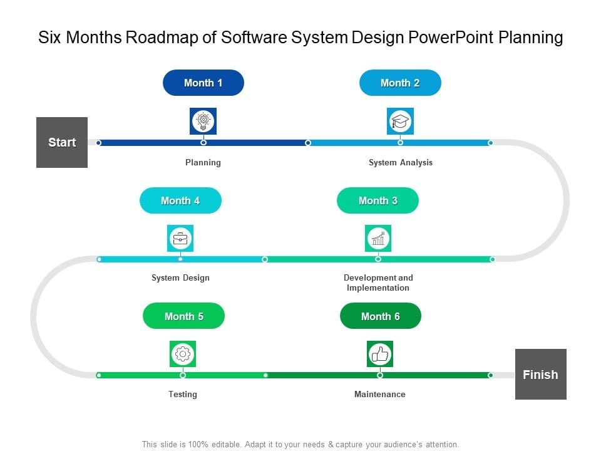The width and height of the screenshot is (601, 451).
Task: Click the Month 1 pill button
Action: (x=203, y=83)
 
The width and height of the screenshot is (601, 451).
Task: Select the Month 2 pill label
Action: (x=400, y=83)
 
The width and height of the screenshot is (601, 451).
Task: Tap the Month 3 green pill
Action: (x=378, y=200)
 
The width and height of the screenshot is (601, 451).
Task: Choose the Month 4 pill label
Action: (x=180, y=200)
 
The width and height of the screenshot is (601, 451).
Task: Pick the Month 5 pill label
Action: (x=183, y=316)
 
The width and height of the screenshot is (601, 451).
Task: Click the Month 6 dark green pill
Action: (x=380, y=316)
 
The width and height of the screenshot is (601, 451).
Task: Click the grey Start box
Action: (x=62, y=142)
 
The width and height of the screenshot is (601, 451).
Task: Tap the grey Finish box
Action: (x=540, y=375)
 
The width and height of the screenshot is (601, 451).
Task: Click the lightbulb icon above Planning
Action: (x=203, y=121)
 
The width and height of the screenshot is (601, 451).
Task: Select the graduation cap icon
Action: (x=400, y=121)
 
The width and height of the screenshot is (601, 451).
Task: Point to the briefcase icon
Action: (x=180, y=238)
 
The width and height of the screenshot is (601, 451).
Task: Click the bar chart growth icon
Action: (x=378, y=238)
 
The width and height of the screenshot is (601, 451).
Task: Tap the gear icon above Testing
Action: (x=183, y=354)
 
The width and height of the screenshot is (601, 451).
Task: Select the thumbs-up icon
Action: (x=380, y=354)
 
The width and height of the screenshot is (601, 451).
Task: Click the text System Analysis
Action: (x=400, y=162)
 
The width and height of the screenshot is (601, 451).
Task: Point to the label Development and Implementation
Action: (x=378, y=283)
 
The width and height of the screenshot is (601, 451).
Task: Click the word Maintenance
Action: (x=380, y=394)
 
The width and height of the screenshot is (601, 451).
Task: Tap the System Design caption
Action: (x=180, y=277)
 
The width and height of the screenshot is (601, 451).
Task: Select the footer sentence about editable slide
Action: (x=300, y=444)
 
